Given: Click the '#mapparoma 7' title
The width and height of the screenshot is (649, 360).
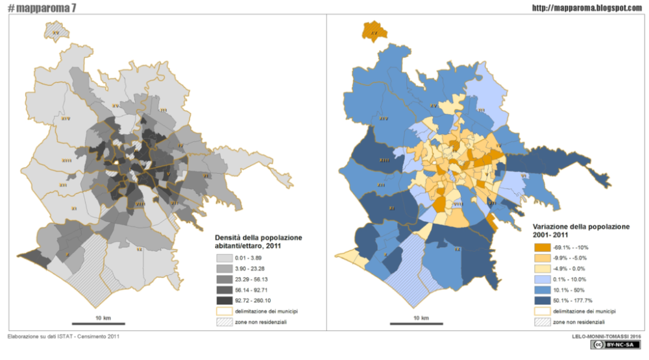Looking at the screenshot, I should [42, 7].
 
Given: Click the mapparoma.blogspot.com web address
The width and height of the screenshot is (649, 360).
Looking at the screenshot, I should [587, 8].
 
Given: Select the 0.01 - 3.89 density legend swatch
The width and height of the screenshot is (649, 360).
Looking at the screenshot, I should [224, 259].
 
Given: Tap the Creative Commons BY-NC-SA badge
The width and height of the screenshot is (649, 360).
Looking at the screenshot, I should [616, 344].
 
